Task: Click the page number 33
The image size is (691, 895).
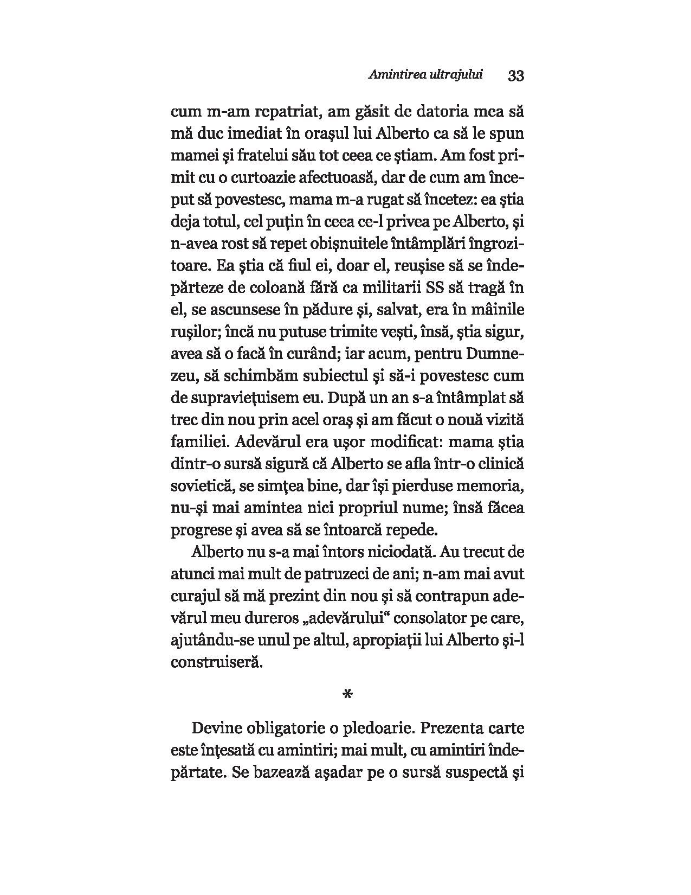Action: [516, 75]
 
